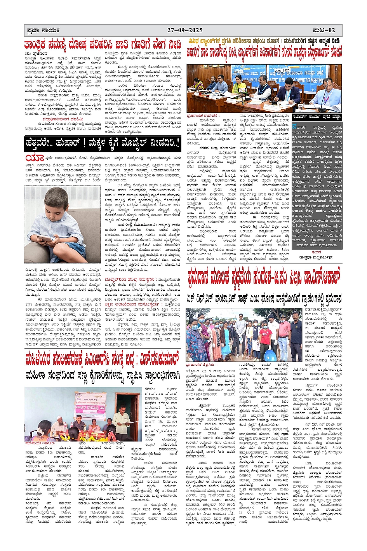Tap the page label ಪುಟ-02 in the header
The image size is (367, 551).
click(324, 30)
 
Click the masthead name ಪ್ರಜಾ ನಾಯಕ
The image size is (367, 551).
click(42, 30)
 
